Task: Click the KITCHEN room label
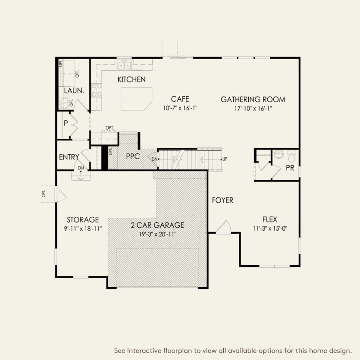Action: point(131,79)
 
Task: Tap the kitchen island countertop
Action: point(137,99)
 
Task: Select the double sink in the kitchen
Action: point(125,66)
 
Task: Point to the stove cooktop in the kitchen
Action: point(97,89)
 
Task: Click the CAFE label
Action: point(180,99)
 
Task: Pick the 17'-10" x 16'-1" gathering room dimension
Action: point(253,108)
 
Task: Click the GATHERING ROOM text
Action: point(253,100)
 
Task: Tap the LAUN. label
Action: point(73,91)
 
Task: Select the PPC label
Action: point(133,157)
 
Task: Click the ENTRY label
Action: point(69,157)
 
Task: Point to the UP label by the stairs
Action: point(225,159)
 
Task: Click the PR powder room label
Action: point(290,168)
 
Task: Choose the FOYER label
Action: point(222,200)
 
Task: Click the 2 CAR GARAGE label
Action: point(158,225)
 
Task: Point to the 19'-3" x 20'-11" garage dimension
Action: point(158,234)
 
